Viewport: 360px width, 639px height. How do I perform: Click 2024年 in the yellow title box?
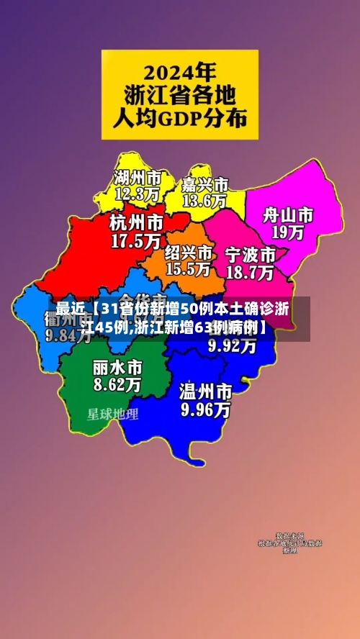coord(180,72)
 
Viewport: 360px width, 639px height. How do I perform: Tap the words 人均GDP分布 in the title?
coord(180,117)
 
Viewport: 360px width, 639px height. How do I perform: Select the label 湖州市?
coord(138,177)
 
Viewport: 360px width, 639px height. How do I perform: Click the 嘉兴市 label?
coord(205,185)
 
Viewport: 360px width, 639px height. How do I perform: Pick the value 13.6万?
coord(204,201)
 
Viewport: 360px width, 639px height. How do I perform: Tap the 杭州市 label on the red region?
coord(136,222)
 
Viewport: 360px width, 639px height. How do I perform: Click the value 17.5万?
coord(135,241)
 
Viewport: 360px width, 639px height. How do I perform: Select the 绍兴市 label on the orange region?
coord(189,253)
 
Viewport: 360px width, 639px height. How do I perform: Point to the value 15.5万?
coord(188,269)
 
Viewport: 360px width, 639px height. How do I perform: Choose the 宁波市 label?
coord(251,255)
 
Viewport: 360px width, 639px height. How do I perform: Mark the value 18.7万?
coord(250,273)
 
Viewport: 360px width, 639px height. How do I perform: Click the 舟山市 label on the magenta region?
coord(287,215)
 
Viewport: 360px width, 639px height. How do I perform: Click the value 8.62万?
coord(117,384)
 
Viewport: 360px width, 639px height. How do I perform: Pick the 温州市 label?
coord(206,392)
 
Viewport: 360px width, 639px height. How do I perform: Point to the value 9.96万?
coord(206,410)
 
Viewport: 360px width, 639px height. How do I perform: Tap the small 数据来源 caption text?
coord(290,536)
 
